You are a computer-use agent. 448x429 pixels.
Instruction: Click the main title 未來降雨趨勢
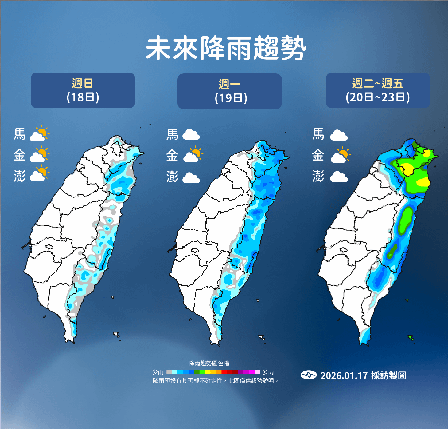[226, 48]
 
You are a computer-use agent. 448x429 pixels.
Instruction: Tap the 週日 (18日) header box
[83, 90]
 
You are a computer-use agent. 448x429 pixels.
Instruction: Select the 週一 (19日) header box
[230, 91]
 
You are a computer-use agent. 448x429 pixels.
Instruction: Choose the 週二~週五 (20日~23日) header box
[378, 90]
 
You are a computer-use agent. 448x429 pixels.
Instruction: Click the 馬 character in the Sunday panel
[20, 134]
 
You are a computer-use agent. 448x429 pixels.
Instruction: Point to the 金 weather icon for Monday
[193, 155]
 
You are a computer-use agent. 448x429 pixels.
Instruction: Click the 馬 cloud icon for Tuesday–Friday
[339, 135]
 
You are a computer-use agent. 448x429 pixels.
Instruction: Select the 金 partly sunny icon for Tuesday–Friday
[340, 155]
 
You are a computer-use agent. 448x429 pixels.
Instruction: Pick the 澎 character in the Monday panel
[172, 177]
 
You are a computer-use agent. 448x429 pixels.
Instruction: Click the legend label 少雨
[158, 372]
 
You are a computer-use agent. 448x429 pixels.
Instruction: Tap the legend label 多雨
[268, 372]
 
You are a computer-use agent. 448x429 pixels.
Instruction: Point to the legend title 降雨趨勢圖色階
[209, 363]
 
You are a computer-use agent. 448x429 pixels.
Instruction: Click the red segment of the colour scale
[224, 372]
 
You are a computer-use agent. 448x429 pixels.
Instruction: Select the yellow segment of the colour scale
[208, 372]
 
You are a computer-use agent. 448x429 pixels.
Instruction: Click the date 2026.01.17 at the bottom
[344, 375]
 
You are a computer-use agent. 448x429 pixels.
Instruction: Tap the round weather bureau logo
[309, 375]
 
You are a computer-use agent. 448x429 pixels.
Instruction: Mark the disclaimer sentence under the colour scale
[216, 381]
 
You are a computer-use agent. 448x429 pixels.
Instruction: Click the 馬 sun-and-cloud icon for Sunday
[39, 134]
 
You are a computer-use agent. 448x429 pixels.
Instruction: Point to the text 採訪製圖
[388, 375]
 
